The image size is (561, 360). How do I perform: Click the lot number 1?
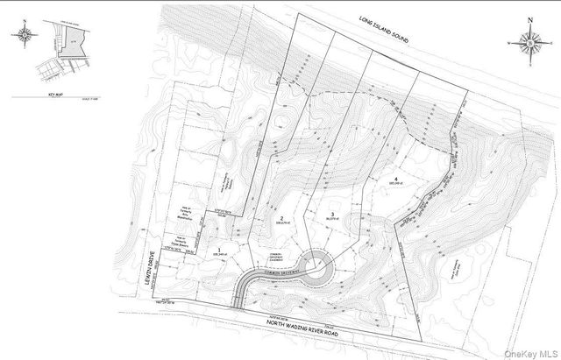point(217,250)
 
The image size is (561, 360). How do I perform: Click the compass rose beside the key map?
point(24,36)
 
